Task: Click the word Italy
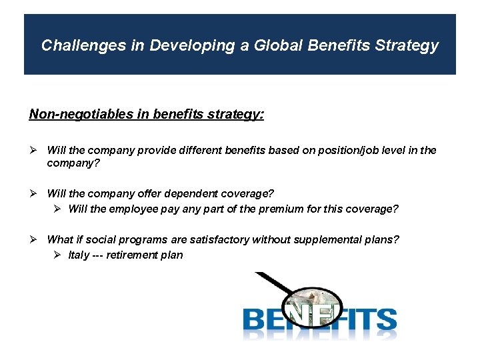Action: coord(79,255)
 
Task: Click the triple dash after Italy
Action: coord(101,255)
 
